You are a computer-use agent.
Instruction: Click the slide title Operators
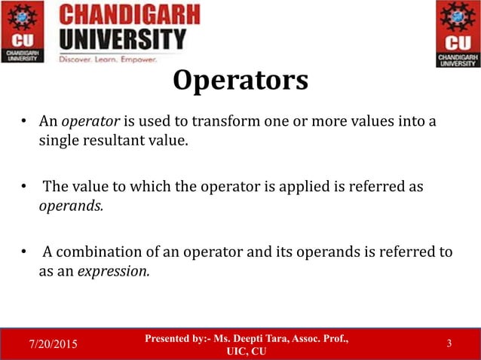click(240, 81)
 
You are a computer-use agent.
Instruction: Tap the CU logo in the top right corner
click(457, 34)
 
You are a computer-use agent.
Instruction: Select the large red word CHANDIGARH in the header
click(130, 15)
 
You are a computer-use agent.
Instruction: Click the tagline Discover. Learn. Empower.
click(108, 59)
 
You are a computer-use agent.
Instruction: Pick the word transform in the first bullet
click(230, 122)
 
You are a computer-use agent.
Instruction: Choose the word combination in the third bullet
click(97, 252)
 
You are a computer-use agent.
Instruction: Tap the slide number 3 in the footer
click(449, 344)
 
